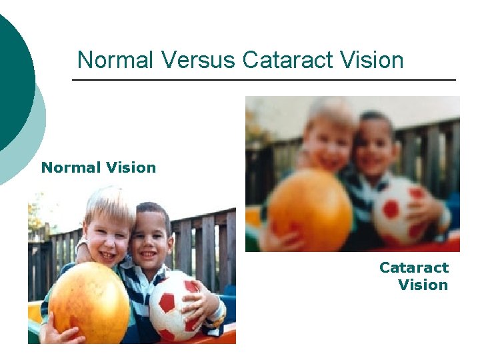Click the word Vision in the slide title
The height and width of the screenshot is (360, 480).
tap(373, 60)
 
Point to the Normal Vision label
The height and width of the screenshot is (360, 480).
tap(99, 167)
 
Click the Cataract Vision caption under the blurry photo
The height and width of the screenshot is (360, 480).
tap(415, 276)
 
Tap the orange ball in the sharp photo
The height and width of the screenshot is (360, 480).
tap(89, 303)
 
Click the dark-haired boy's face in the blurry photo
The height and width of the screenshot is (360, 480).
tap(376, 151)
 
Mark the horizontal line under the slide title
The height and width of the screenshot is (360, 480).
tap(263, 80)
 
